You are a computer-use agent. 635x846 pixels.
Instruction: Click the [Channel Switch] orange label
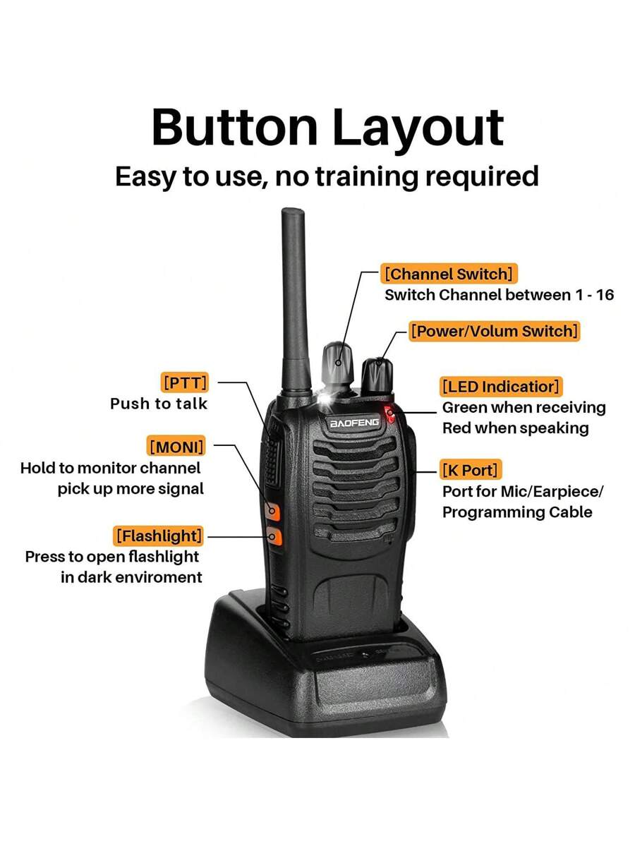[449, 274]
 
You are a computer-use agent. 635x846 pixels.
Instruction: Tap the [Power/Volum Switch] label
[494, 330]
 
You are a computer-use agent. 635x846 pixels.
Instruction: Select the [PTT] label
[185, 382]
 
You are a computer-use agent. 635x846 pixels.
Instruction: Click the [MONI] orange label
[176, 447]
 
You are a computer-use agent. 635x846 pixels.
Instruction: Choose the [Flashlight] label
[159, 536]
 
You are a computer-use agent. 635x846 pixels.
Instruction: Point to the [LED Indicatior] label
[501, 387]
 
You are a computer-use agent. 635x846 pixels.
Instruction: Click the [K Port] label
[470, 470]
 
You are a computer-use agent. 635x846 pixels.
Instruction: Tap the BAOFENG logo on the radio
[354, 423]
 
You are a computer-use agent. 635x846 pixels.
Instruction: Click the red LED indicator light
[389, 414]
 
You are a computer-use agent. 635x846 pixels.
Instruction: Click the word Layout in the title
[418, 129]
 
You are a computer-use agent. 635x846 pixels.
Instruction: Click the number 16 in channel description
[604, 295]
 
